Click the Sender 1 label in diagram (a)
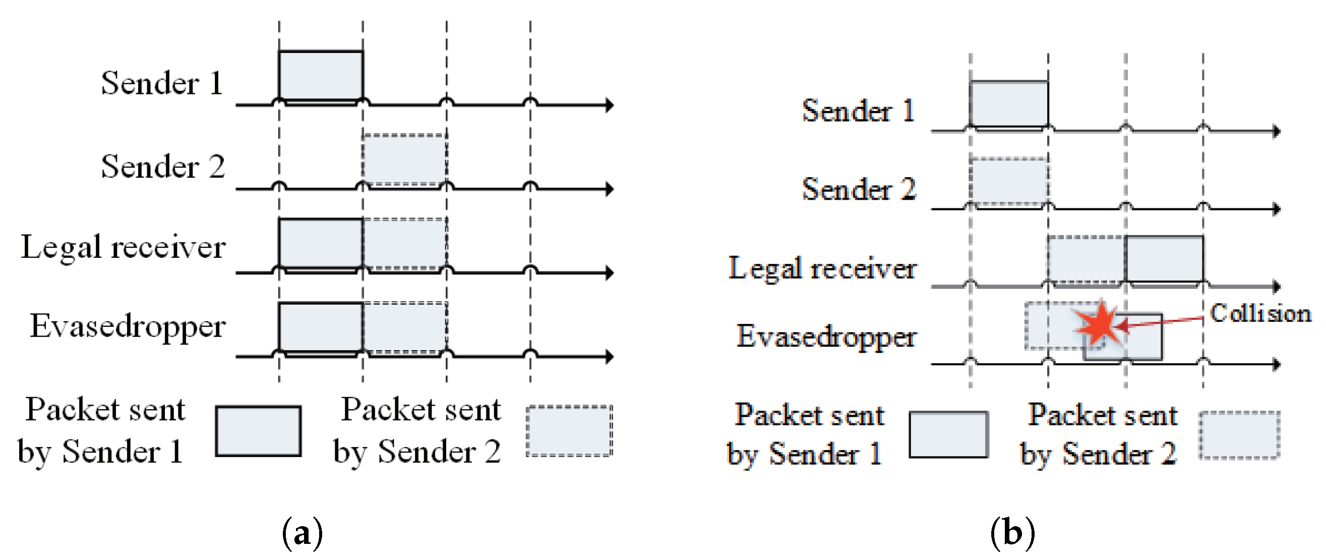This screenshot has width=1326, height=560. pyautogui.click(x=162, y=83)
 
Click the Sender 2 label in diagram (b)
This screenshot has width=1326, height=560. pyautogui.click(x=859, y=189)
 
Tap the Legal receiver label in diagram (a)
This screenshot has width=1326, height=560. pyautogui.click(x=123, y=247)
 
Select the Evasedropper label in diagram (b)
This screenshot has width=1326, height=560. pyautogui.click(x=826, y=337)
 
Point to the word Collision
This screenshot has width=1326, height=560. pyautogui.click(x=1260, y=313)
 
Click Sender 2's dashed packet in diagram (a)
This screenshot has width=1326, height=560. pyautogui.click(x=404, y=159)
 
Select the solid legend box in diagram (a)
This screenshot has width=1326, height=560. pyautogui.click(x=258, y=431)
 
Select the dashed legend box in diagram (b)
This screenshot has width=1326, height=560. pyautogui.click(x=1239, y=435)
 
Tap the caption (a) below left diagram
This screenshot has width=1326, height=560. pyautogui.click(x=303, y=533)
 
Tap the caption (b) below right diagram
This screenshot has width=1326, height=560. pyautogui.click(x=1012, y=533)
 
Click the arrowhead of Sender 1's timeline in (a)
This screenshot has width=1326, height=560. pyautogui.click(x=610, y=105)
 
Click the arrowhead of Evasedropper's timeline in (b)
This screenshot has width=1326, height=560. pyautogui.click(x=1276, y=365)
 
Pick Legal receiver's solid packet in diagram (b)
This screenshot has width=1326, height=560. pyautogui.click(x=1164, y=259)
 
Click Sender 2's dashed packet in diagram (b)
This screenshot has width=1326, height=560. pyautogui.click(x=1009, y=181)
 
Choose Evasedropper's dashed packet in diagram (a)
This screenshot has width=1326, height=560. pyautogui.click(x=404, y=327)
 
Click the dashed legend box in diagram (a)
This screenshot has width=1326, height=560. pyautogui.click(x=569, y=431)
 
